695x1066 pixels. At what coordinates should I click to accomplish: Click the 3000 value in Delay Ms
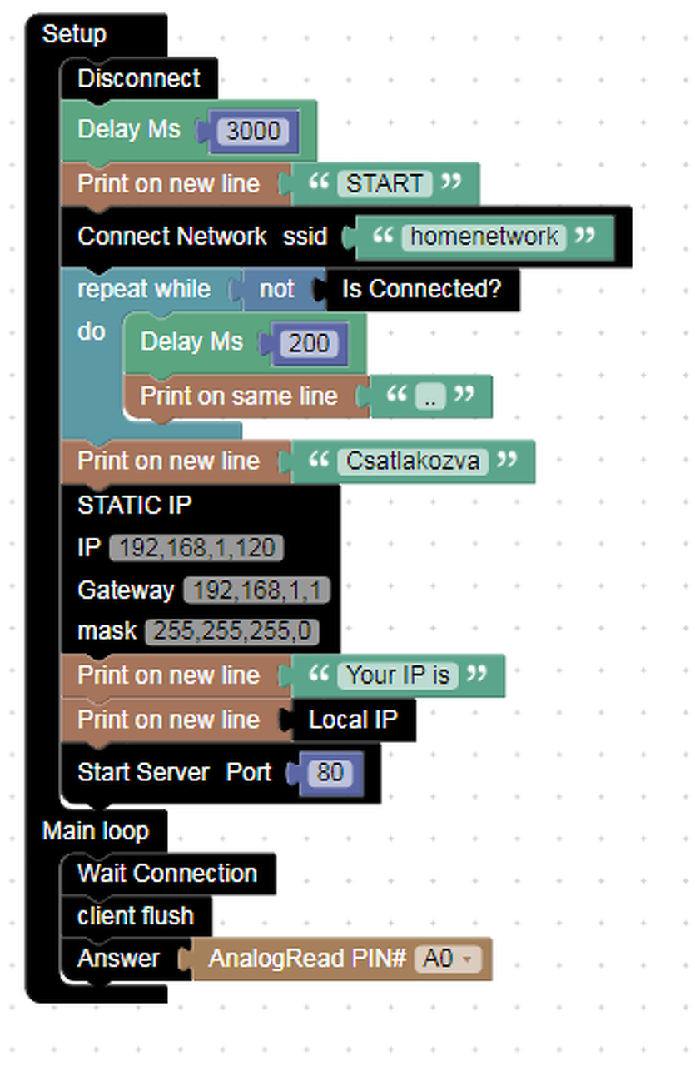(253, 131)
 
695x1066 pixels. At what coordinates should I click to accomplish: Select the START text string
(385, 183)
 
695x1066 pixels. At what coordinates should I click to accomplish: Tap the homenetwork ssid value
(484, 237)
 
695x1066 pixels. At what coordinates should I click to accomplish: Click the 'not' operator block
(276, 289)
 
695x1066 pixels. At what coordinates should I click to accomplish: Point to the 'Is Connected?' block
(422, 289)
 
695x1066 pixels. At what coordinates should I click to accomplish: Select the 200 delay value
(309, 342)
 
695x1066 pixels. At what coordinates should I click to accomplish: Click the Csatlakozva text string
(413, 461)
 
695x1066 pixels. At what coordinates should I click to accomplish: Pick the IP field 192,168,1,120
(196, 548)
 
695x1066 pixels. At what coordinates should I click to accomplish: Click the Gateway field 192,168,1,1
(256, 590)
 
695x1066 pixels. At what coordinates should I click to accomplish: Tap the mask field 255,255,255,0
(231, 631)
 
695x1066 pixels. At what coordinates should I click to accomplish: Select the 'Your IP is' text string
(398, 675)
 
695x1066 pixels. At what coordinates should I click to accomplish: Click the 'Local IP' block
(353, 720)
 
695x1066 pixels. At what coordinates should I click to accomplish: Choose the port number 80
(330, 772)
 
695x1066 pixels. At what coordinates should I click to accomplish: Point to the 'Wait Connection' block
(167, 873)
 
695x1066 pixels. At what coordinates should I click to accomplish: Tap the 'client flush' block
(136, 916)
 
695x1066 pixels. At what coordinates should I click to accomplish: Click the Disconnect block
(139, 78)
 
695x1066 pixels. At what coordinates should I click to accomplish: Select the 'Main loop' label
(96, 830)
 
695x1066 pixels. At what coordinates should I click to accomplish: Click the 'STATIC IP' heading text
(135, 506)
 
